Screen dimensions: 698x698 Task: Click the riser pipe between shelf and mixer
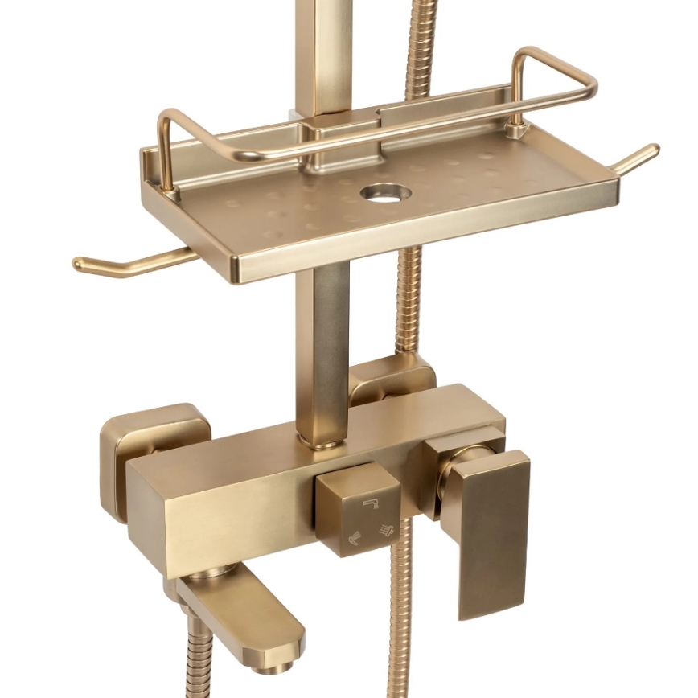click(x=322, y=346)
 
